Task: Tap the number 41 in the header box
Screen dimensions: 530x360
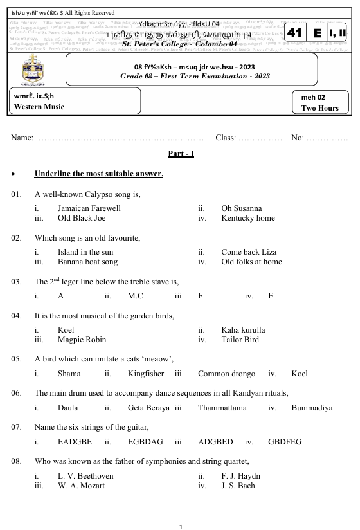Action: (x=295, y=33)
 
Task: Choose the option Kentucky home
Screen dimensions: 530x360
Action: (x=248, y=218)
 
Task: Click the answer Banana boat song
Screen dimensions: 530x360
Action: (x=87, y=262)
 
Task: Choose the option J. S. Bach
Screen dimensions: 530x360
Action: (x=238, y=486)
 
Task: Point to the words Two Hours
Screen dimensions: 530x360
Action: (x=319, y=108)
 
